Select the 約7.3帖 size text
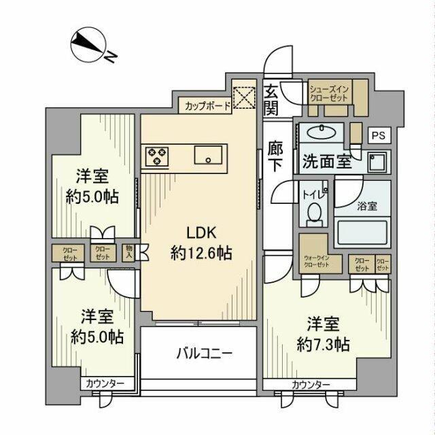[x=324, y=344]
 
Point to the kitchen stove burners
[x=156, y=156]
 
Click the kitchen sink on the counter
[x=207, y=156]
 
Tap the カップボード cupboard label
[x=205, y=106]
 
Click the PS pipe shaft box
[x=378, y=135]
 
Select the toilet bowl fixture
[x=313, y=215]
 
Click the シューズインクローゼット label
[x=329, y=93]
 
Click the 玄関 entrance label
[x=271, y=99]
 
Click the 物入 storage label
[x=128, y=252]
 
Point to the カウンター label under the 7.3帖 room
[x=311, y=385]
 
